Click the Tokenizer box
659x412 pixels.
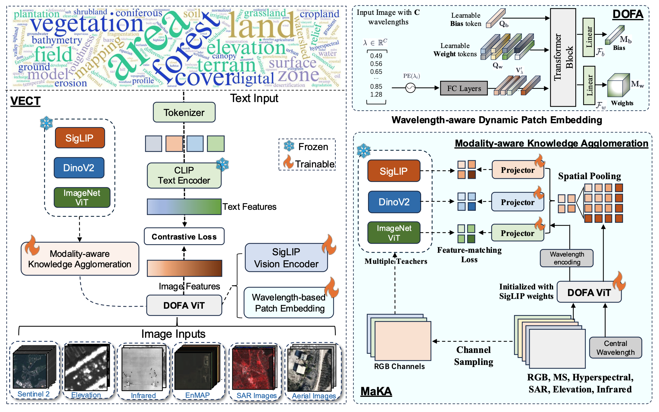click(184, 112)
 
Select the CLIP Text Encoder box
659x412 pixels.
click(184, 175)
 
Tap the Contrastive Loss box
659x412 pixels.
click(184, 237)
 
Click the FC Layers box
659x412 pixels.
click(464, 88)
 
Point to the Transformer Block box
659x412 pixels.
click(563, 57)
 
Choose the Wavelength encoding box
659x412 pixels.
click(566, 258)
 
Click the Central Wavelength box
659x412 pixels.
click(615, 348)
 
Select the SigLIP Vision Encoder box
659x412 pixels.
click(286, 258)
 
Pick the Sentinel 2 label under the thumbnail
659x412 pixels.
click(33, 394)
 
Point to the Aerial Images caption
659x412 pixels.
click(314, 396)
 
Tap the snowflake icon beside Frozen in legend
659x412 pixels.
click(289, 146)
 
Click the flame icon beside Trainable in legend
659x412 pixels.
click(288, 162)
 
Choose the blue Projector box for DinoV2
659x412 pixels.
click(517, 202)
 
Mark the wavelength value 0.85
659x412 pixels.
click(376, 86)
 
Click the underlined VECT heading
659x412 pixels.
click(25, 101)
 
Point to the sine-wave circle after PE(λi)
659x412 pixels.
click(410, 88)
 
